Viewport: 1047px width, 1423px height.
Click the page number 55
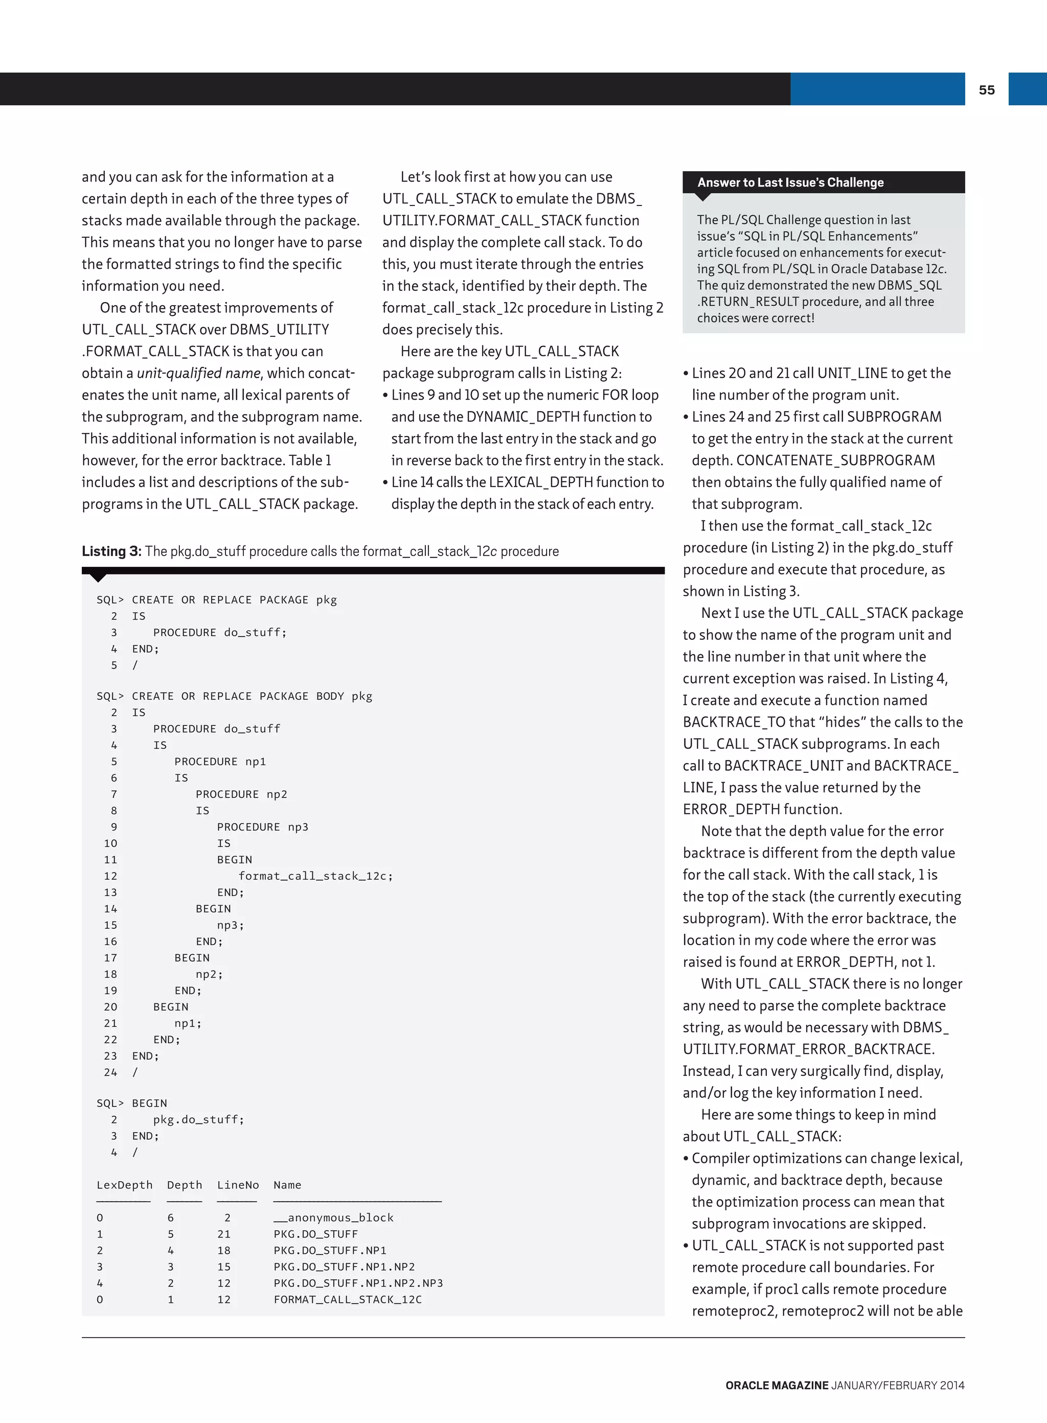coord(986,90)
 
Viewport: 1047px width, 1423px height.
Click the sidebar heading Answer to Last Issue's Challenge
coord(790,182)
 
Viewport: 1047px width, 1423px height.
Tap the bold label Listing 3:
coord(111,551)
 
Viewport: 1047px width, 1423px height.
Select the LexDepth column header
coord(124,1185)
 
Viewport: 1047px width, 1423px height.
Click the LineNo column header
coord(238,1185)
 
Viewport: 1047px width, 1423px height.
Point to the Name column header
coord(287,1185)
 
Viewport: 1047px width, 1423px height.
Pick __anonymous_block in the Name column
coord(333,1218)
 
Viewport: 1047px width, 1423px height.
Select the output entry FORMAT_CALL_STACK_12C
coord(347,1299)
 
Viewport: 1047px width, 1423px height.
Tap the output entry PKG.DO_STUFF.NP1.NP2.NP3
coord(358,1283)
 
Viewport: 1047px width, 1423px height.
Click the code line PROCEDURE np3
coord(262,827)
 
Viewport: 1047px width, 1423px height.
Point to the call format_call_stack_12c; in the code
coord(315,876)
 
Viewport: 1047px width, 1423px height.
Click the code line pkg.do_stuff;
coord(198,1119)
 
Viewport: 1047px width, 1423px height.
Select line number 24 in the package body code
coord(110,1072)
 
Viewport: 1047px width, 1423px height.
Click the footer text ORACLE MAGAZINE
coord(777,1386)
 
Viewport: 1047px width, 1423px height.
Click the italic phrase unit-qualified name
coord(198,373)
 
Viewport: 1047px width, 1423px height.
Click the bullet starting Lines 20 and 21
coord(821,373)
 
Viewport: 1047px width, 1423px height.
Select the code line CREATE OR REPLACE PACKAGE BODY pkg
coord(252,696)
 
